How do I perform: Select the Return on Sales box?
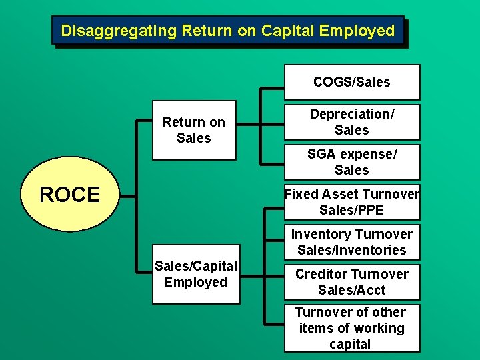pyautogui.click(x=194, y=131)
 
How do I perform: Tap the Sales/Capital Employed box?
pyautogui.click(x=195, y=275)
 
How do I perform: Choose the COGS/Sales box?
pyautogui.click(x=352, y=82)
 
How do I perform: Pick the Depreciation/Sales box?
pyautogui.click(x=352, y=122)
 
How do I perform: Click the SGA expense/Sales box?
pyautogui.click(x=352, y=162)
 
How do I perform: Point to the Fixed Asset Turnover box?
pyautogui.click(x=352, y=202)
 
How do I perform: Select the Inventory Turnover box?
pyautogui.click(x=352, y=242)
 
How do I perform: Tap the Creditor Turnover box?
pyautogui.click(x=352, y=282)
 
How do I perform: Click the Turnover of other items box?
pyautogui.click(x=352, y=327)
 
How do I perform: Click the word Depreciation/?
pyautogui.click(x=352, y=114)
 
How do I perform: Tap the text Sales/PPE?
pyautogui.click(x=352, y=210)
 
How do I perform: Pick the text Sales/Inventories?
pyautogui.click(x=352, y=250)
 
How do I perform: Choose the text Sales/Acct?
pyautogui.click(x=352, y=290)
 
